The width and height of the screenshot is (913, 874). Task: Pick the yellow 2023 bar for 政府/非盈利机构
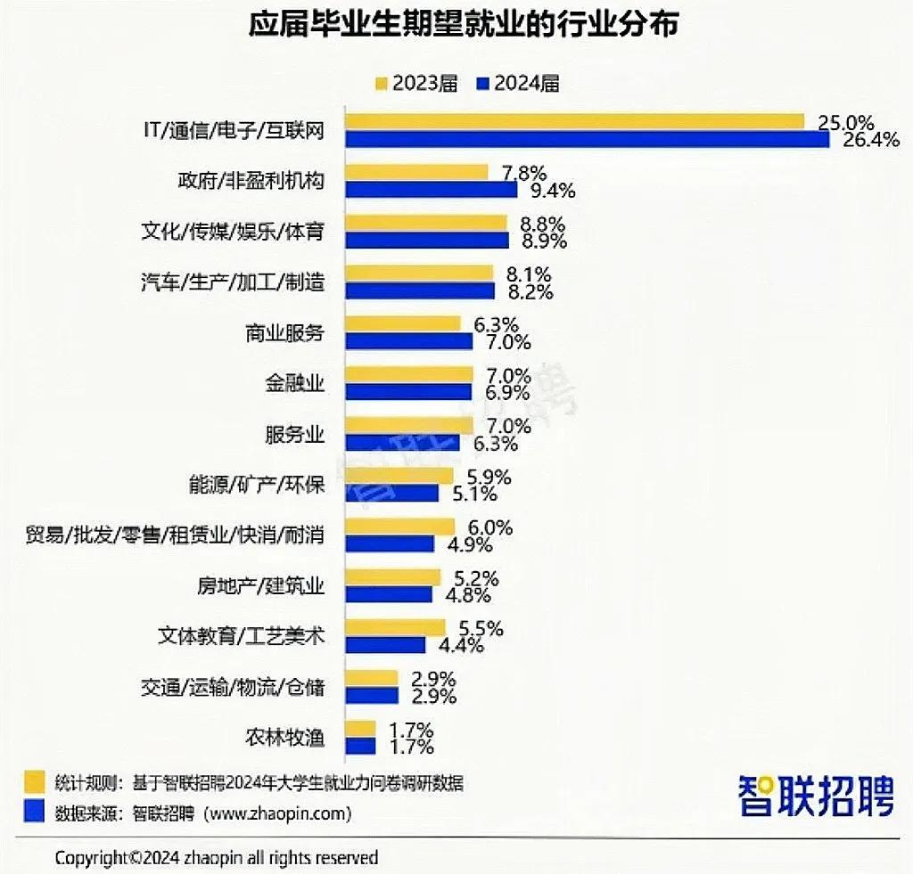point(416,172)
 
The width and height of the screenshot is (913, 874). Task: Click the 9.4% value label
point(552,190)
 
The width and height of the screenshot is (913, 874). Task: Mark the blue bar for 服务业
point(402,443)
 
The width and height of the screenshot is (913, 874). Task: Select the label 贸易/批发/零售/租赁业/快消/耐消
point(175,535)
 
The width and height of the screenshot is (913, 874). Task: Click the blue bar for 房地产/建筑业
point(389,594)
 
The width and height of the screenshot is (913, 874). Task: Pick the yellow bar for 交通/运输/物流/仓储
point(371,678)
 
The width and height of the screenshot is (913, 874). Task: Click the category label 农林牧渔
point(284,738)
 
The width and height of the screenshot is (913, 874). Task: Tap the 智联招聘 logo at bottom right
point(815,795)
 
